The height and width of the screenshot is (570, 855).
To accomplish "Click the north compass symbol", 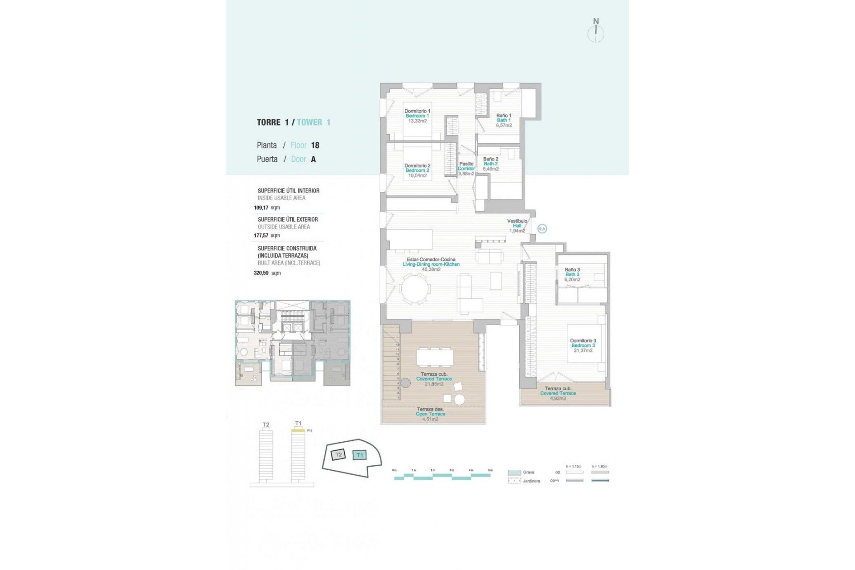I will [595, 32].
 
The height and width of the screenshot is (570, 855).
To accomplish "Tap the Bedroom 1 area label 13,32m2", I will [417, 121].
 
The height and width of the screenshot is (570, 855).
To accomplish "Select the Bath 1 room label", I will [504, 120].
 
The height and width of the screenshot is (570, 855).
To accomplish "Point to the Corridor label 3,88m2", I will [466, 174].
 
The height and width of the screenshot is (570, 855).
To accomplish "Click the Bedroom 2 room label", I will [417, 171].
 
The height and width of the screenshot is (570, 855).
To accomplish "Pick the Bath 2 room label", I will [491, 164].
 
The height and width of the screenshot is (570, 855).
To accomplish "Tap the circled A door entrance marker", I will [542, 229].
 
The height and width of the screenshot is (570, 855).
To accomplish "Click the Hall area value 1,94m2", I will [517, 231].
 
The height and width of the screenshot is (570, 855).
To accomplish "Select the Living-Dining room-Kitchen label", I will [431, 264].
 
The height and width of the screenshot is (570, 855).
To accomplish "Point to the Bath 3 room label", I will [572, 274].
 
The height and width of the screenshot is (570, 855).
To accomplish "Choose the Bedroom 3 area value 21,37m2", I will [583, 350].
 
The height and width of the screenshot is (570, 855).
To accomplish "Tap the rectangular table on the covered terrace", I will [435, 357].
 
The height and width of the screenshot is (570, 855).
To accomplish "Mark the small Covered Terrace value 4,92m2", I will [558, 399].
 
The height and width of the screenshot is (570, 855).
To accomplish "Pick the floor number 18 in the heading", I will [315, 145].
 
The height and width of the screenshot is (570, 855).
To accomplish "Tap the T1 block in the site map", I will [359, 455].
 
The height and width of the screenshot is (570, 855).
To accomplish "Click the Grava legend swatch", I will [514, 472].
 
